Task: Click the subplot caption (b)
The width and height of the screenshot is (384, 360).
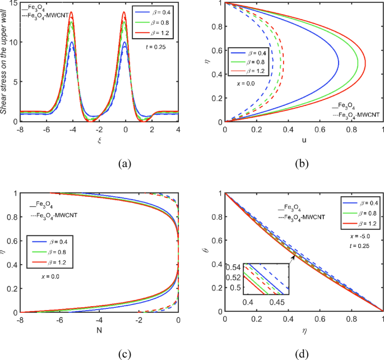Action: coord(303,164)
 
